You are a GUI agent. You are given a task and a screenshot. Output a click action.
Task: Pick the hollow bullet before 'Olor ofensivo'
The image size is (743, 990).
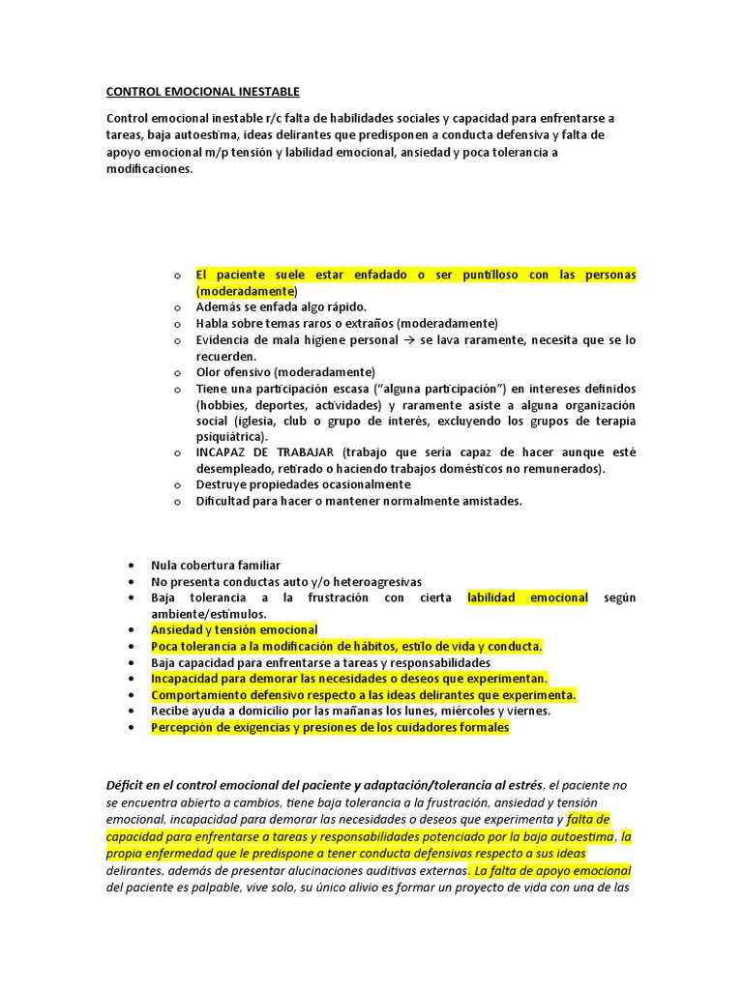pos(178,372)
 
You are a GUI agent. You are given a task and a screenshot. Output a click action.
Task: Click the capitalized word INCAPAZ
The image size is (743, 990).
pos(223,452)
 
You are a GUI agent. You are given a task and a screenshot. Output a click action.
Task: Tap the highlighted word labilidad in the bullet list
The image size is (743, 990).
pos(494,597)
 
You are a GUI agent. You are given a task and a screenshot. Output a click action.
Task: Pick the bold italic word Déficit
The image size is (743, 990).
pos(128,784)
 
